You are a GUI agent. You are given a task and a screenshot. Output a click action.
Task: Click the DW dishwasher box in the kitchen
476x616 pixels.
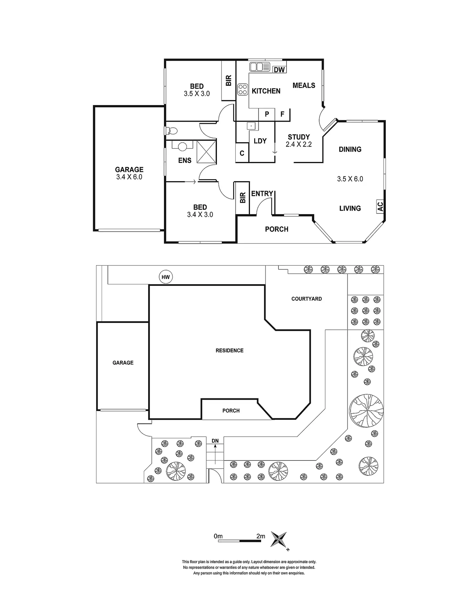tap(279, 69)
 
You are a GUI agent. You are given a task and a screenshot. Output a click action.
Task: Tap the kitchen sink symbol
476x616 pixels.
tap(260, 67)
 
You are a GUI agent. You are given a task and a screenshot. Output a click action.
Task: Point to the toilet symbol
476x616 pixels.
tap(171, 131)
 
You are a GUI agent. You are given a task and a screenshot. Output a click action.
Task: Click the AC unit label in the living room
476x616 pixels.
tap(380, 206)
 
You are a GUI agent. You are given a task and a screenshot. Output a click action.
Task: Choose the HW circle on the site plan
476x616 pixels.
tap(166, 277)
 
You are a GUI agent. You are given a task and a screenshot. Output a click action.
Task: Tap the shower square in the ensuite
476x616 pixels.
tap(206, 151)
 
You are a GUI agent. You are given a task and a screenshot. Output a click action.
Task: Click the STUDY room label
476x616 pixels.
tap(299, 137)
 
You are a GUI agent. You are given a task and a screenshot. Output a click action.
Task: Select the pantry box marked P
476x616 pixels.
tap(267, 114)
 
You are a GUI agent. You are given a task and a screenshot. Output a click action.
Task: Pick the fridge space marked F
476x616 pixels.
tap(282, 114)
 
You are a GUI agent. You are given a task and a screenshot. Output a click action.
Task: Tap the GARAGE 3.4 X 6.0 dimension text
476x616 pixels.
tap(129, 177)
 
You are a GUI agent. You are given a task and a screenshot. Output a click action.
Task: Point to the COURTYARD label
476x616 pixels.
tap(307, 299)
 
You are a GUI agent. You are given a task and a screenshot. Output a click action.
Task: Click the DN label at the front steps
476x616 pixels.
tap(215, 441)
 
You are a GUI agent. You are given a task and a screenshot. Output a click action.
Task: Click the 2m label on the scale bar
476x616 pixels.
tap(261, 536)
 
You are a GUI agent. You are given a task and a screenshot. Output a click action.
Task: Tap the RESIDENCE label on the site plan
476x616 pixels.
tap(230, 351)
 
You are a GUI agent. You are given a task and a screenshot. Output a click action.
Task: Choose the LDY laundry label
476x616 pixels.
tap(260, 141)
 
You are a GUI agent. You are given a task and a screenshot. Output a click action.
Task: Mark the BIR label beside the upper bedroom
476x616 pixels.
tap(229, 81)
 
